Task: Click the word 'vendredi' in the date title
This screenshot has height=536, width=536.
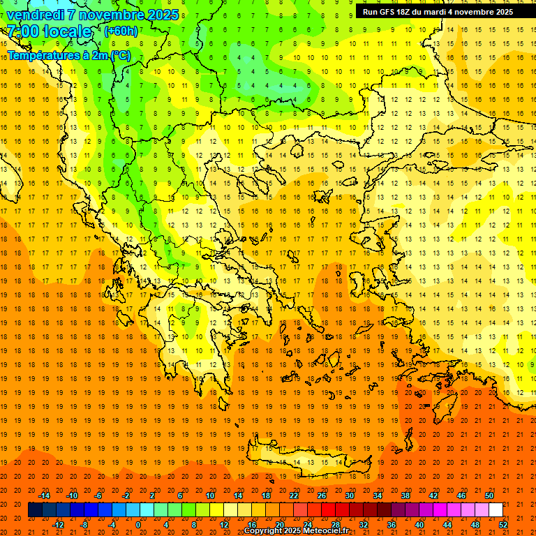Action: (x=36, y=15)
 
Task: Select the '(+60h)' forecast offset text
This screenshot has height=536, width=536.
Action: (x=121, y=31)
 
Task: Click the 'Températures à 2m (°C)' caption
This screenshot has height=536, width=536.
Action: (x=68, y=55)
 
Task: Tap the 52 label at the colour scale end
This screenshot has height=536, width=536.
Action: (x=503, y=525)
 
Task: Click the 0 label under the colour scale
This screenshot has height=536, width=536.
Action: (x=138, y=525)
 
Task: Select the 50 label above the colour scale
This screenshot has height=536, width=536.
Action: (x=489, y=496)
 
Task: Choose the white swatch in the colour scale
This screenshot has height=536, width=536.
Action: (x=496, y=510)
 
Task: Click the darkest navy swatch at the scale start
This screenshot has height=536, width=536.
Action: (x=35, y=510)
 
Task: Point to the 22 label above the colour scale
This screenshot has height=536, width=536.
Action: (x=294, y=496)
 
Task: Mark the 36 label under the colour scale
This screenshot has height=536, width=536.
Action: (x=391, y=525)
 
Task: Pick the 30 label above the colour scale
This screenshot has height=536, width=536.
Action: (x=349, y=496)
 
